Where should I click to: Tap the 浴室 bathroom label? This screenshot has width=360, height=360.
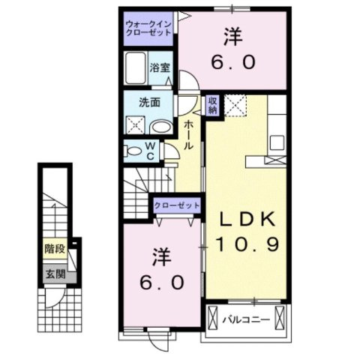click(159, 67)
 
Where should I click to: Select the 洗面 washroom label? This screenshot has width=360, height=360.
click(146, 103)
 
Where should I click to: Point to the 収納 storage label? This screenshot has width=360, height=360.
click(213, 104)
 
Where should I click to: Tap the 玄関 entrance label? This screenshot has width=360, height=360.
click(52, 274)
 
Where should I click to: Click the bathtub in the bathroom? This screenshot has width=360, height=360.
click(136, 70)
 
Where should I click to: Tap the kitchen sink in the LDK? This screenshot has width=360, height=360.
click(277, 142)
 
